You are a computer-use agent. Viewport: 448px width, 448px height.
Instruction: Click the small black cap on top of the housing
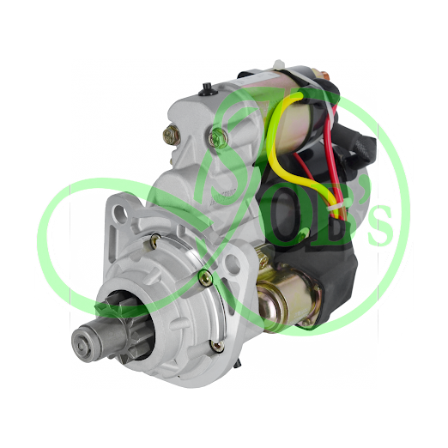(208, 86)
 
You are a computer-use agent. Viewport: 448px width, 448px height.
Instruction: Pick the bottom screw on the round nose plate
(215, 346)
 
